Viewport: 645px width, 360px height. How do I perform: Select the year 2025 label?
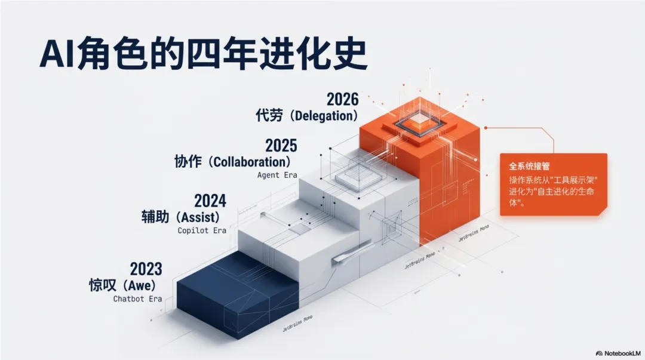point(281,145)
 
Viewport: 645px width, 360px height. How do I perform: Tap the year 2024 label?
point(210,200)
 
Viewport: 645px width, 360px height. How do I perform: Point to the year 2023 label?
point(146,269)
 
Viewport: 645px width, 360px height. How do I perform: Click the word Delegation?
point(323,116)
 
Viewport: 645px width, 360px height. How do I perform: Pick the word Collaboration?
point(251,162)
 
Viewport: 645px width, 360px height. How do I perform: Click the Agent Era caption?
point(277,176)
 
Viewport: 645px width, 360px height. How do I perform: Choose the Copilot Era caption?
point(202,230)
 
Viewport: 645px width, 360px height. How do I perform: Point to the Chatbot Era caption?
point(137,299)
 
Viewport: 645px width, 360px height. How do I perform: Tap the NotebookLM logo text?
point(617,353)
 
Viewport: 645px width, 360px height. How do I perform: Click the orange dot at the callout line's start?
point(487,127)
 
